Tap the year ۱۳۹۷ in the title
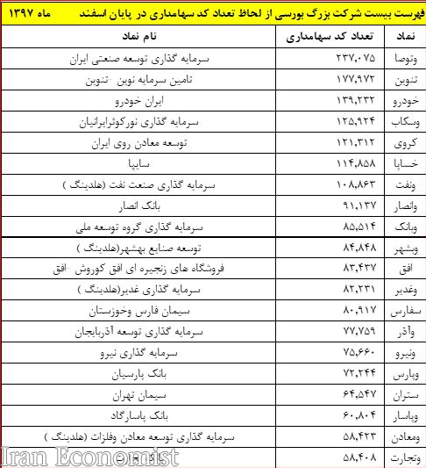tap(32, 15)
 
